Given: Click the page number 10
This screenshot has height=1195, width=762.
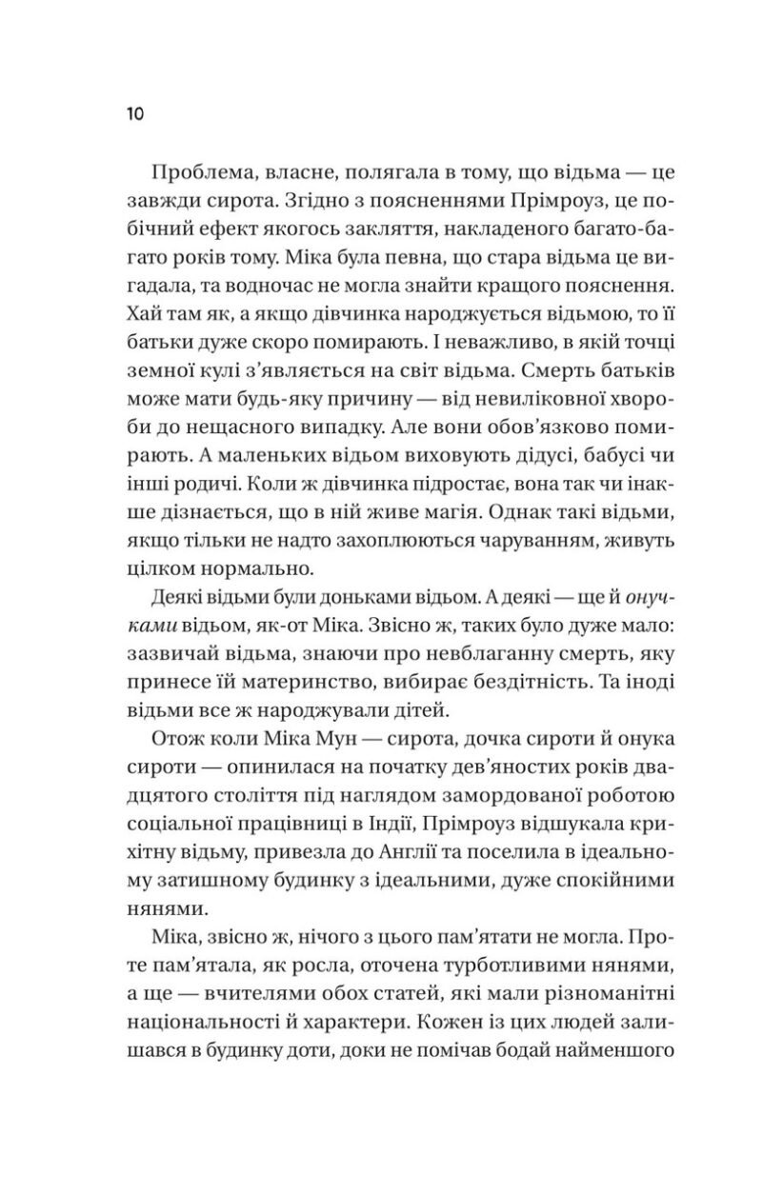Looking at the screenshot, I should [x=134, y=115].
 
